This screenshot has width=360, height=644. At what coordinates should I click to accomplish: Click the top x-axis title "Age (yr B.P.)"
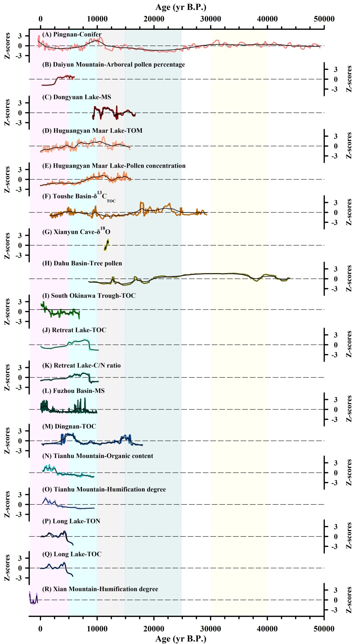[x=180, y=7]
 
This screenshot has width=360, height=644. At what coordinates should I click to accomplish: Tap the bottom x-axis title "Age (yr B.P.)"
[x=180, y=638]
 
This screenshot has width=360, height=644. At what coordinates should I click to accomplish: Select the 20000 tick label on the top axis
[x=154, y=19]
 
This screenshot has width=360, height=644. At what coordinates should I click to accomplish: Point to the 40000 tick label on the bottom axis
[x=267, y=629]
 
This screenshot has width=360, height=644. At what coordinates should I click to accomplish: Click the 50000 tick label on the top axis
[x=324, y=19]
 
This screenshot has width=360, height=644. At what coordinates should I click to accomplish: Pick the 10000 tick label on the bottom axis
[x=97, y=629]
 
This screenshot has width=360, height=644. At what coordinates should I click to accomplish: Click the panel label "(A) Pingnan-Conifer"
[x=72, y=34]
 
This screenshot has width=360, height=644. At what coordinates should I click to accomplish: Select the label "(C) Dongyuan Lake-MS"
[x=76, y=97]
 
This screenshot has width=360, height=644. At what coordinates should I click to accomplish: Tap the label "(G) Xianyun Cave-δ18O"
[x=76, y=231]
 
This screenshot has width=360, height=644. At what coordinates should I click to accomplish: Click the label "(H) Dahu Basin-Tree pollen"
[x=82, y=263]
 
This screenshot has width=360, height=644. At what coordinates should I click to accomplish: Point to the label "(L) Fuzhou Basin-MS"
[x=73, y=391]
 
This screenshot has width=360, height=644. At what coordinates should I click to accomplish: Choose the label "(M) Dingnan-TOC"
[x=69, y=426]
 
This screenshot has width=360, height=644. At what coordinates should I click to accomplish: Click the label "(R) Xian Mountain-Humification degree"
[x=100, y=589]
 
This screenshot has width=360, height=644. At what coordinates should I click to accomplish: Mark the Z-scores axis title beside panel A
[x=7, y=46]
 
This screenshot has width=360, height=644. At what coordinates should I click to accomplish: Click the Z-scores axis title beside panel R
[x=349, y=600]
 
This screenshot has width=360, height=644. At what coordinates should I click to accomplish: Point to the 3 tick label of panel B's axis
[x=336, y=69]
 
